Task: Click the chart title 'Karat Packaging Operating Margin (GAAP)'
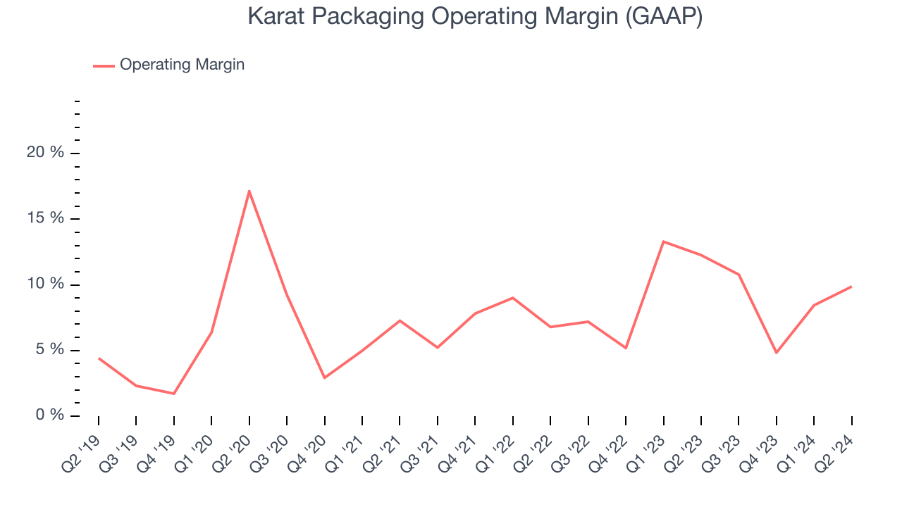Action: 475,16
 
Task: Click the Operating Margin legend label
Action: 182,65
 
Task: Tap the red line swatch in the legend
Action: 104,65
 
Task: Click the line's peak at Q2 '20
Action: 249,191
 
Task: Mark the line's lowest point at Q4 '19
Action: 174,394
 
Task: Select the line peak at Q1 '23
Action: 664,242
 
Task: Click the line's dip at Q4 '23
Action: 777,353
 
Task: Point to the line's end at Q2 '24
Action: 851,287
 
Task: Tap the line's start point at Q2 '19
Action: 99,358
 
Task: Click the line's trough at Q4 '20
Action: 324,378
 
